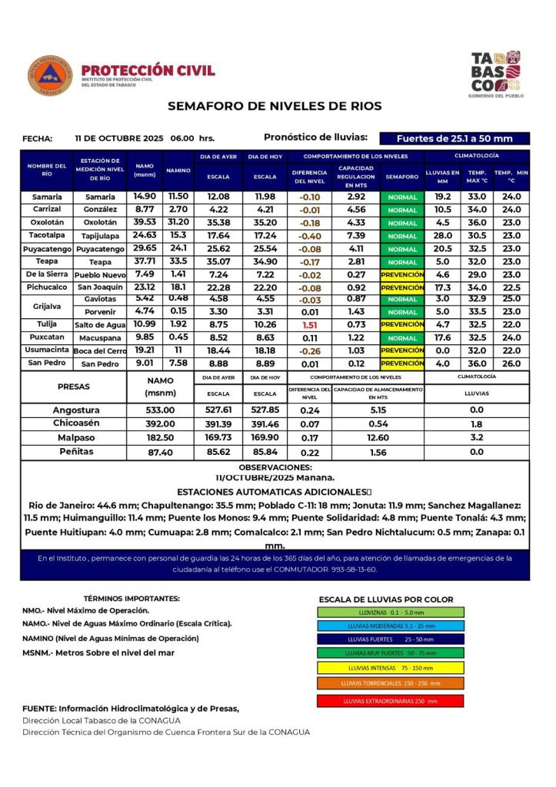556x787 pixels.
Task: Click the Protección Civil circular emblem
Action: (50, 75)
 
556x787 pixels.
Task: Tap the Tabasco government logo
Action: (495, 73)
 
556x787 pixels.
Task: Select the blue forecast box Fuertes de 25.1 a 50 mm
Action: (454, 139)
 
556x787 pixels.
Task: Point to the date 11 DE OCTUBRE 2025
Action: (119, 139)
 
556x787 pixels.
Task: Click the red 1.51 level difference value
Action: (310, 324)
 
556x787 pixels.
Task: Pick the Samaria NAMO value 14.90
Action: (145, 197)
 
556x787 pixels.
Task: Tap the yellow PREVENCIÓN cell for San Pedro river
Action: (402, 364)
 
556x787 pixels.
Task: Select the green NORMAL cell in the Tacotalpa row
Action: (402, 236)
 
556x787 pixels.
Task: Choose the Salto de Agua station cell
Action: (100, 325)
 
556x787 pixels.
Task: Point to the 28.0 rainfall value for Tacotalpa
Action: (443, 235)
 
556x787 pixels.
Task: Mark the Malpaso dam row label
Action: (75, 437)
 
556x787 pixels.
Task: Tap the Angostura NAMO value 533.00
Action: (161, 410)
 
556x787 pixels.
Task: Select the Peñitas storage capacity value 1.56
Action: (378, 452)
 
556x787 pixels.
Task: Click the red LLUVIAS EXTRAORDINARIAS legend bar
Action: (390, 701)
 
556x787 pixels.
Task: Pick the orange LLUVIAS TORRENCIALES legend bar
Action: (390, 683)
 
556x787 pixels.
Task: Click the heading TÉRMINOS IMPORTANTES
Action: (132, 598)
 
